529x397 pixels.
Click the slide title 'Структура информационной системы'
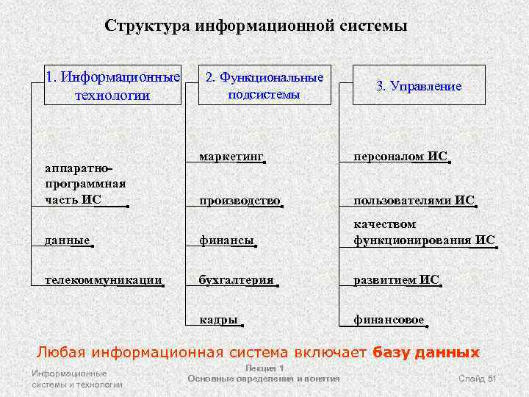click(x=256, y=26)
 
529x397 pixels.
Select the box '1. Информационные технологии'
click(x=112, y=86)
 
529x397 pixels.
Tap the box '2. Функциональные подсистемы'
click(x=264, y=85)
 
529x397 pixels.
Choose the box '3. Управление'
click(x=419, y=86)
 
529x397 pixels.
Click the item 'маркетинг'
click(x=231, y=156)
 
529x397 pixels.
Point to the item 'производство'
click(x=240, y=200)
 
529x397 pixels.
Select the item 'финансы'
click(x=227, y=240)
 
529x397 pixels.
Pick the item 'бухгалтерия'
click(x=237, y=279)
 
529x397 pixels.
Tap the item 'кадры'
click(x=219, y=319)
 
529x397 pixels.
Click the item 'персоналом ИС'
click(x=400, y=156)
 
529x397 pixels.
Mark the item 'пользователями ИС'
click(x=414, y=200)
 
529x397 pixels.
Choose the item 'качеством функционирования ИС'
click(x=424, y=232)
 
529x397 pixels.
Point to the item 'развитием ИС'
click(x=396, y=279)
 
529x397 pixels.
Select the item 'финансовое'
click(x=389, y=319)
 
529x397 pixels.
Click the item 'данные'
click(x=68, y=240)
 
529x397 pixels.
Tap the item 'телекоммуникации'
click(x=103, y=279)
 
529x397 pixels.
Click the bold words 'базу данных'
click(x=426, y=352)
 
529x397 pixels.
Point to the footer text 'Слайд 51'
click(x=478, y=378)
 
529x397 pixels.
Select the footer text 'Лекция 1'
click(x=264, y=368)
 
